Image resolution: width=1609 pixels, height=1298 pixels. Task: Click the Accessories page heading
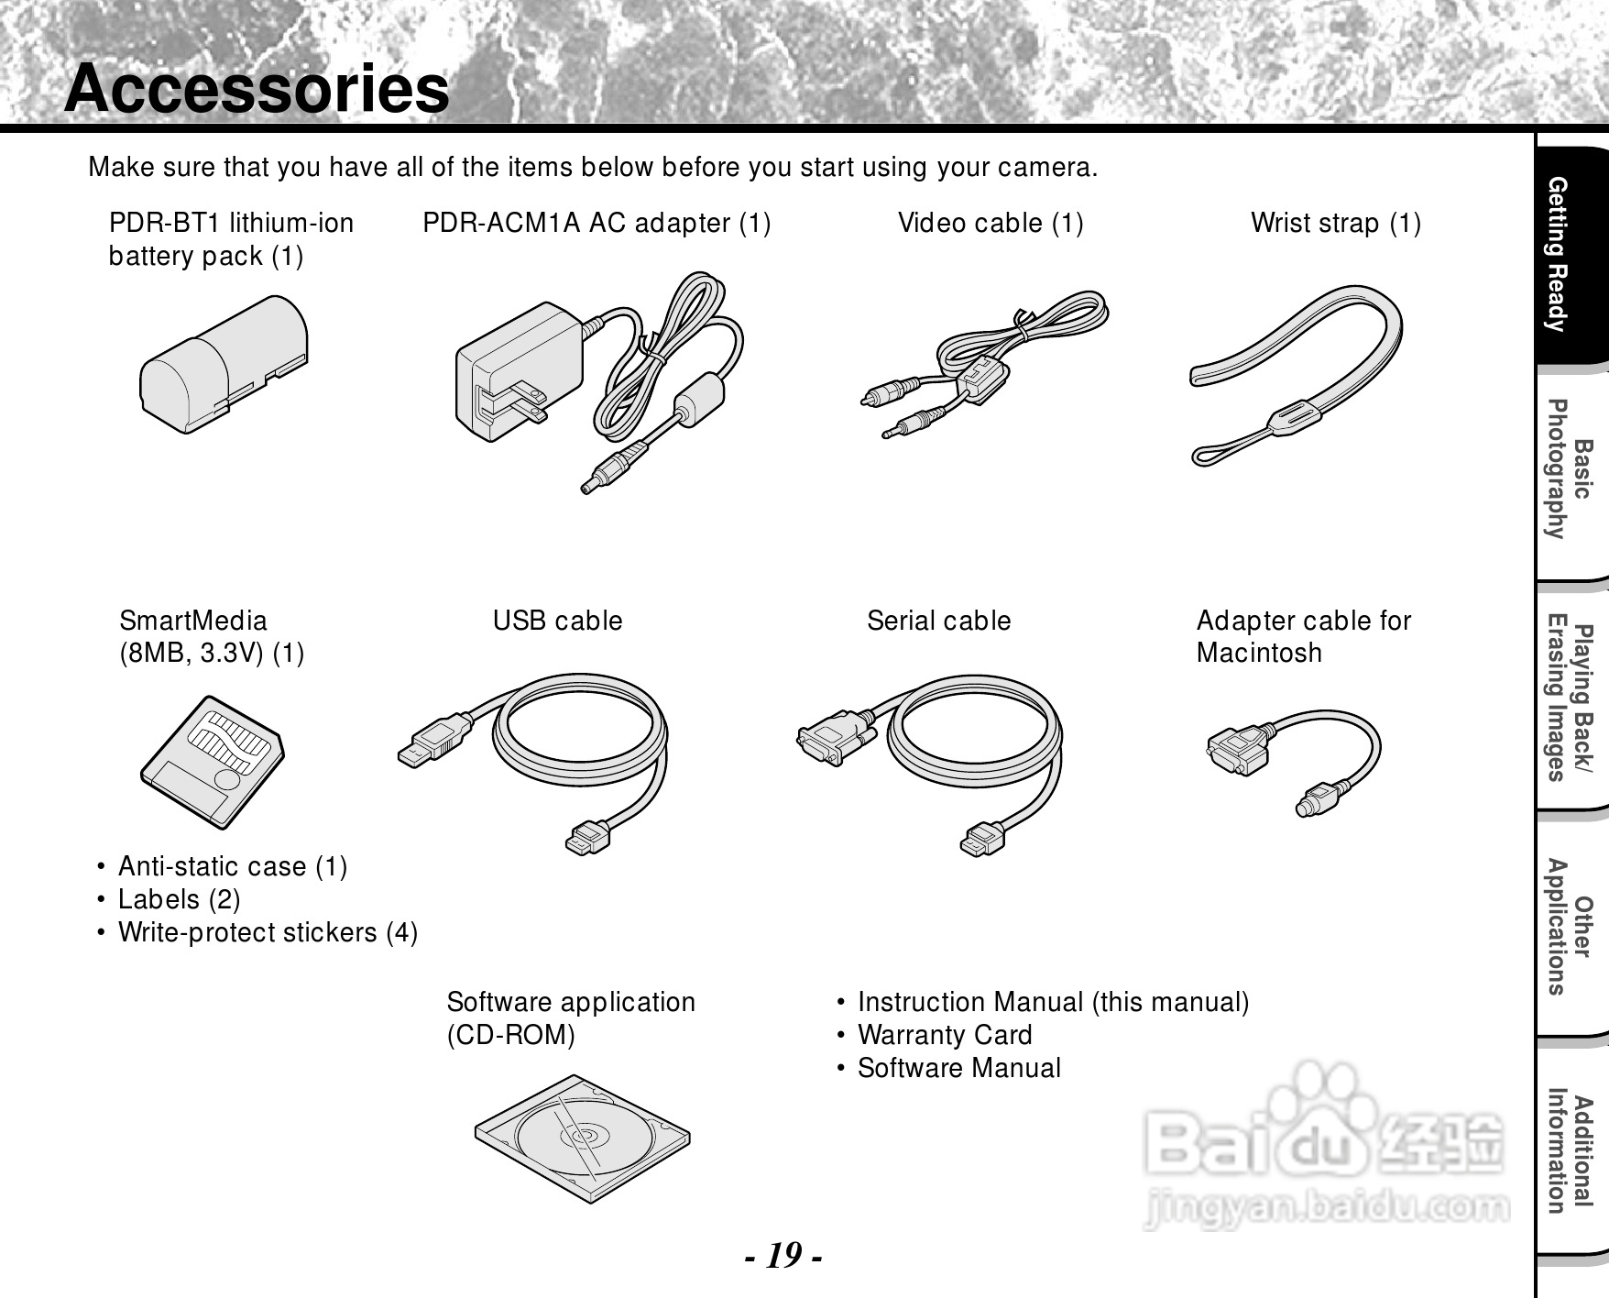257,89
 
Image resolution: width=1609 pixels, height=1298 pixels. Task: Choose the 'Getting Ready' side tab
1569,257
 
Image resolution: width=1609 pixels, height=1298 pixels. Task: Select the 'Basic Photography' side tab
1569,469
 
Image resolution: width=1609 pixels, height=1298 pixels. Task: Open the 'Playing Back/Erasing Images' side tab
1569,702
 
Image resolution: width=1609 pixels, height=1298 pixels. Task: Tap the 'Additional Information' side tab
1569,1153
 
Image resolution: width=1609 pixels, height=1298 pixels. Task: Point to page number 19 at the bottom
783,1254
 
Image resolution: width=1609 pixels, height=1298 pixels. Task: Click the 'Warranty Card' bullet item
944,1035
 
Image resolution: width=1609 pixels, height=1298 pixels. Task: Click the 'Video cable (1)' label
991,223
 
